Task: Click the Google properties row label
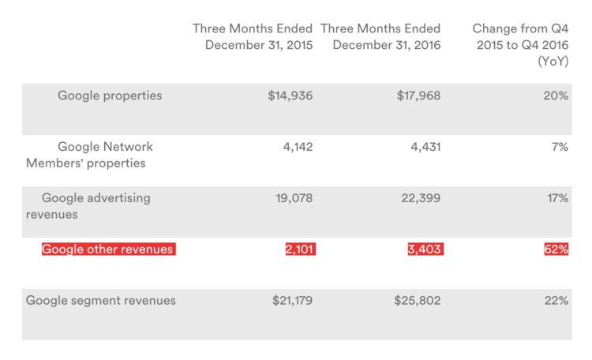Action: point(110,96)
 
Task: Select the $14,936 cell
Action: point(290,96)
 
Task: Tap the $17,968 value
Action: point(418,96)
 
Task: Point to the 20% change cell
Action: point(556,96)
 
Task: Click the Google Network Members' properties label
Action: point(86,155)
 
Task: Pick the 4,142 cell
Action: point(298,147)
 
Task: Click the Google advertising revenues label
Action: point(88,205)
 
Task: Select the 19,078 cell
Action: point(294,198)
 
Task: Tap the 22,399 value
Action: point(420,198)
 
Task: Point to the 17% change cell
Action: point(556,198)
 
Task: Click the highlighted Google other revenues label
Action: point(108,249)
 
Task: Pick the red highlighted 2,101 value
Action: point(300,249)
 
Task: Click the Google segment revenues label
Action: point(101,300)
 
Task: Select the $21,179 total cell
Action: point(290,300)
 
